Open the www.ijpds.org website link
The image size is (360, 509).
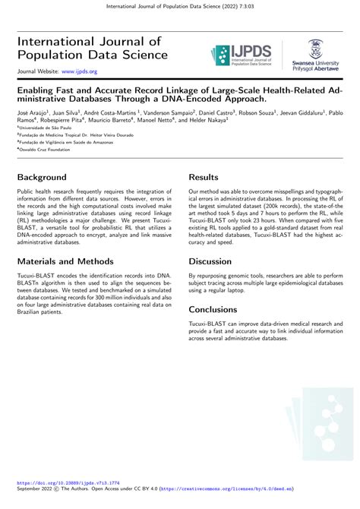79,71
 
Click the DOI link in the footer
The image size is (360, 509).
69,482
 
